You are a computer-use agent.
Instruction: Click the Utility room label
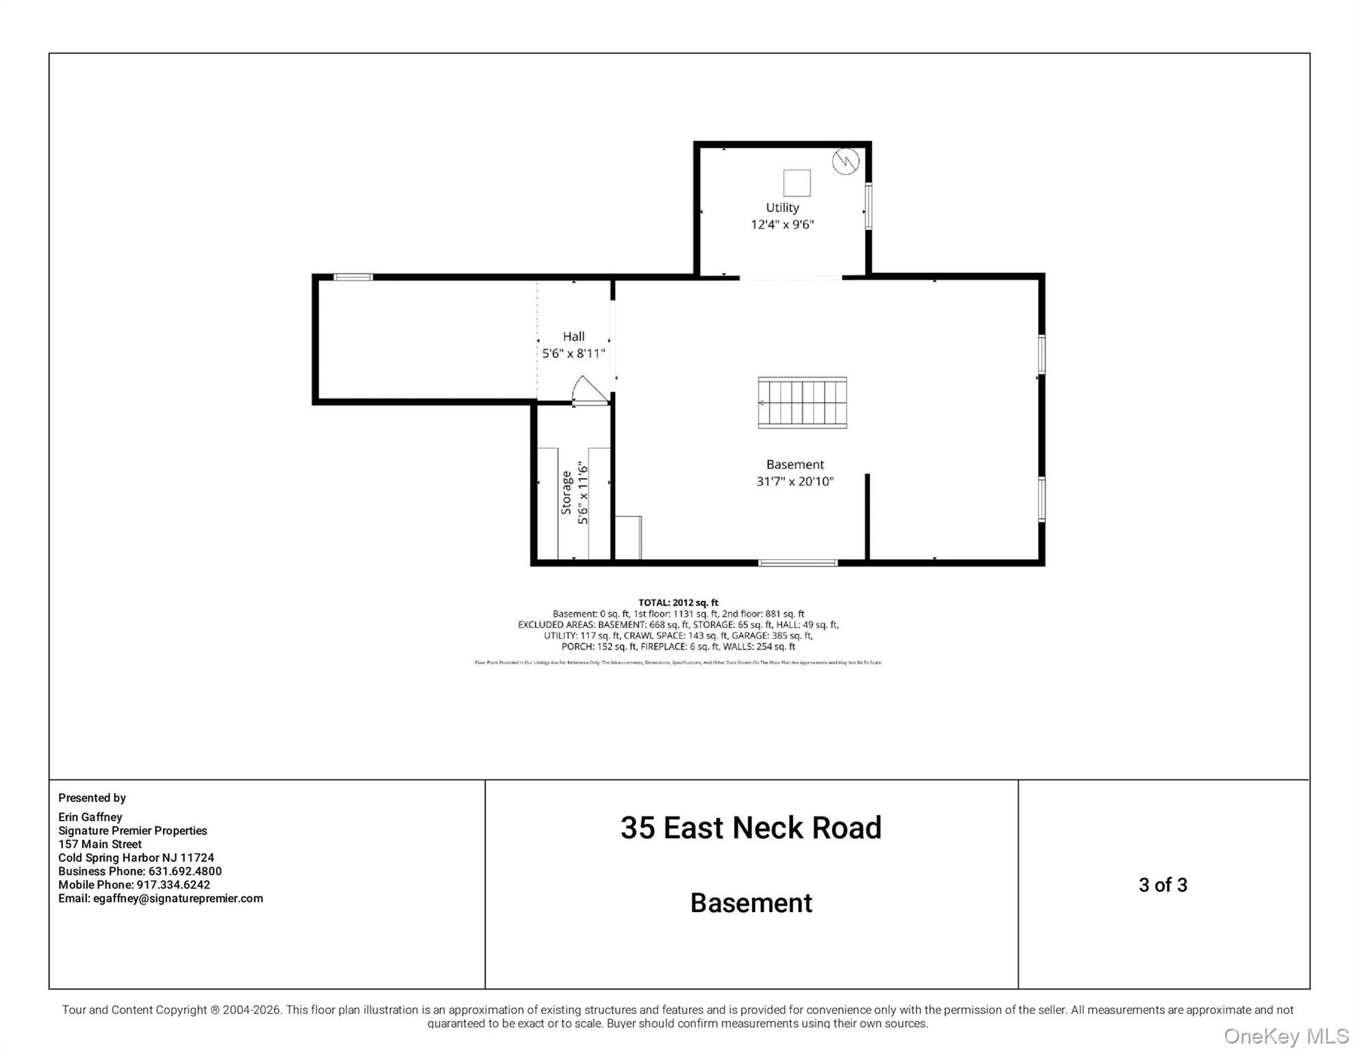coord(781,207)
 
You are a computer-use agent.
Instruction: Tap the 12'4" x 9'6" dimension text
coord(781,224)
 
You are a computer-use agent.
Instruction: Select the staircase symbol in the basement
coord(802,402)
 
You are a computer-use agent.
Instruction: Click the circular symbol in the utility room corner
coord(845,161)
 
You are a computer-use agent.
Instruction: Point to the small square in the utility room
coord(797,183)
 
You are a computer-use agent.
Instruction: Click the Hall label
coord(573,336)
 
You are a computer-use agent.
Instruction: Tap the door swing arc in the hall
coord(589,389)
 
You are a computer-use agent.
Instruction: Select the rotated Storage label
coord(566,493)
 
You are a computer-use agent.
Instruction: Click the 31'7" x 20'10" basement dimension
coord(794,482)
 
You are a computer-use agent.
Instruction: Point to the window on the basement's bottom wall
coord(797,562)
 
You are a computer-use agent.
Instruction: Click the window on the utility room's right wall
coord(868,206)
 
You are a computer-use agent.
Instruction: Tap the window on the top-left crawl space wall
coord(353,277)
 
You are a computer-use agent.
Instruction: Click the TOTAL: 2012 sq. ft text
coord(677,603)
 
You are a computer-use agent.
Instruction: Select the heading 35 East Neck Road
coord(751,828)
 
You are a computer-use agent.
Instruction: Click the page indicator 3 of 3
coord(1163,885)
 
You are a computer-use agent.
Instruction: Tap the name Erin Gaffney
coord(90,817)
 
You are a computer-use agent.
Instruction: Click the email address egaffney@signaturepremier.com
coord(160,898)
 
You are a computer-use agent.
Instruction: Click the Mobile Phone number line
coord(134,885)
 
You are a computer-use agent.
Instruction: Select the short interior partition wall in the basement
coord(867,517)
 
